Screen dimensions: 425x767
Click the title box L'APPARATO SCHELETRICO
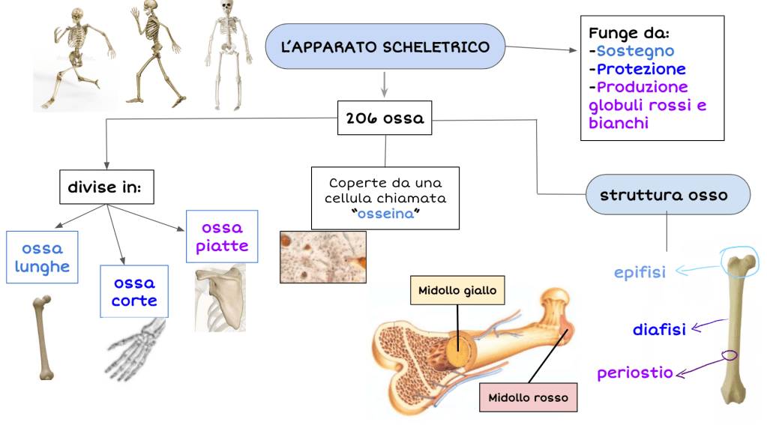385,47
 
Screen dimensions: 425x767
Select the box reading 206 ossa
385,118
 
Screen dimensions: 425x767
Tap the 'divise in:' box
106,187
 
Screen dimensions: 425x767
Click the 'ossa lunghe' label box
42,257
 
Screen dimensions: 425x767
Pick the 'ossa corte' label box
135,292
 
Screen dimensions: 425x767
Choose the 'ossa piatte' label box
222,236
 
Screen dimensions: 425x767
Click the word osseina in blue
385,214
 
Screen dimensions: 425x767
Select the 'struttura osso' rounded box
663,195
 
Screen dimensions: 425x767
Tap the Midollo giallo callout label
457,290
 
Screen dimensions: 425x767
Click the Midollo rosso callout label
528,397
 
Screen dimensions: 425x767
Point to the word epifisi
640,272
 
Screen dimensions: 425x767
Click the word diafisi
659,329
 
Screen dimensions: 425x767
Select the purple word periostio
634,373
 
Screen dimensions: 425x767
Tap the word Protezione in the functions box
641,69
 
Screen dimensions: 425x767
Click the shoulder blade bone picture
220,297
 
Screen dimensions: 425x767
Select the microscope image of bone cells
323,256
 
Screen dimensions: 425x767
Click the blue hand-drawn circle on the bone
739,259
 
